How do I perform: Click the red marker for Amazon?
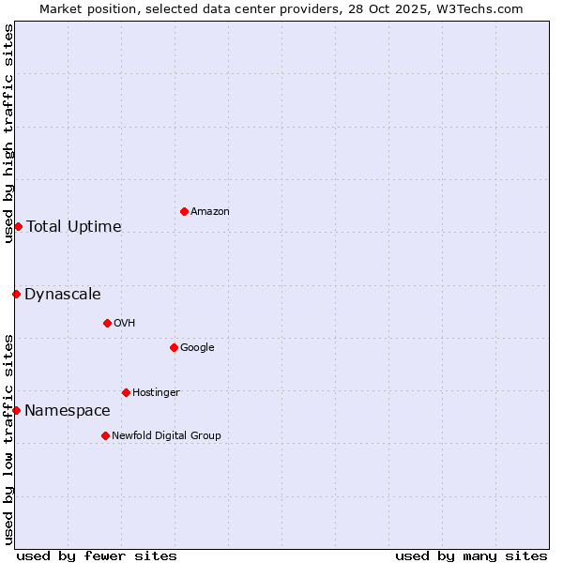click(184, 211)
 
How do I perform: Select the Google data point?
click(174, 347)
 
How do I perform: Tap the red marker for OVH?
click(107, 323)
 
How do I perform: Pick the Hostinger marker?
click(126, 392)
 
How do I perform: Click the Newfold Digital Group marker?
click(105, 435)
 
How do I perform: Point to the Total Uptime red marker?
click(18, 226)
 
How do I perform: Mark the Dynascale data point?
click(16, 294)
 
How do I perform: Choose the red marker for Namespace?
click(16, 410)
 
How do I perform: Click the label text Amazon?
click(210, 212)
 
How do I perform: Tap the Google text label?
click(197, 348)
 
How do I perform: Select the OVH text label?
click(125, 324)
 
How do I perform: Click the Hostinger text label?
click(156, 392)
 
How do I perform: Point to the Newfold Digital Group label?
click(166, 435)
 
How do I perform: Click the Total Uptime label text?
click(74, 226)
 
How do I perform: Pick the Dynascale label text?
click(63, 295)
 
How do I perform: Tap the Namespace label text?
click(68, 411)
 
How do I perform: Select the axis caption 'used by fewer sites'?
click(97, 555)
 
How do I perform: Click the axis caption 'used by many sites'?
click(471, 555)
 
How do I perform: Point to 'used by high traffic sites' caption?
click(8, 133)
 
